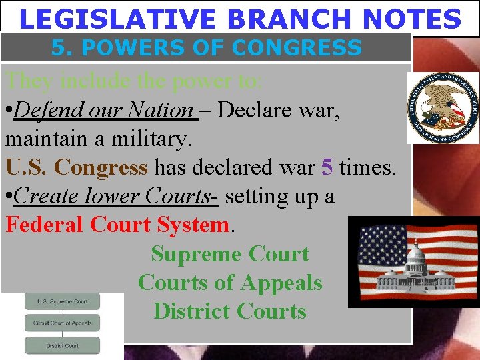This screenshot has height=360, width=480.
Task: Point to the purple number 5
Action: pyautogui.click(x=327, y=167)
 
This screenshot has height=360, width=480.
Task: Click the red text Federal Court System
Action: pyautogui.click(x=117, y=225)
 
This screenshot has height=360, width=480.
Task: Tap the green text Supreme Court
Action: pyautogui.click(x=230, y=254)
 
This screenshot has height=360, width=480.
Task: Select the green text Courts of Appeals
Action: pyautogui.click(x=230, y=283)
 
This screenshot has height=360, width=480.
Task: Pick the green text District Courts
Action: pyautogui.click(x=230, y=311)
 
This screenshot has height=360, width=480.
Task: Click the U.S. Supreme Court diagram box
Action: pyautogui.click(x=62, y=301)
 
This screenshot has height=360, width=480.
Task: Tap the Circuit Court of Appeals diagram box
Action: pyautogui.click(x=62, y=323)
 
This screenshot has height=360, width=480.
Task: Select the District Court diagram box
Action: pyautogui.click(x=62, y=345)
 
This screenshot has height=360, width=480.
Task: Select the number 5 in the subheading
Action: pyautogui.click(x=58, y=48)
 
